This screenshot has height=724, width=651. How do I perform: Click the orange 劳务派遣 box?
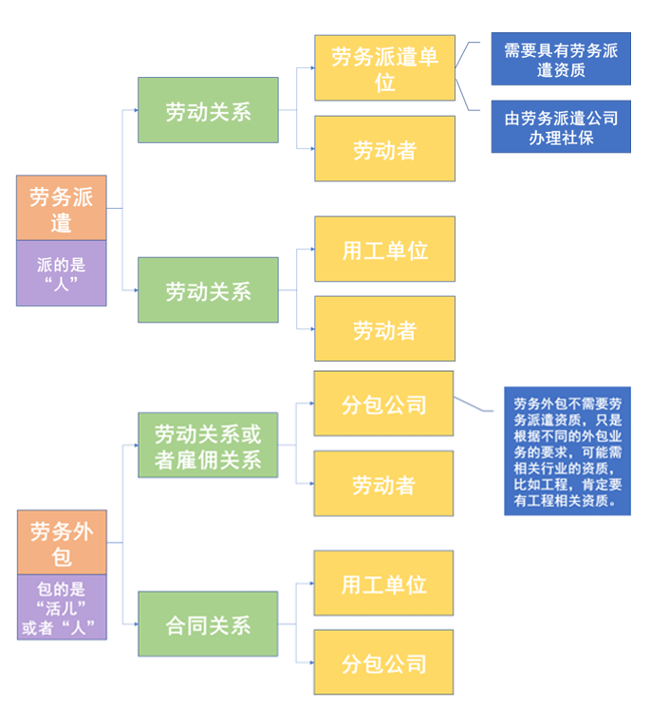(x=62, y=209)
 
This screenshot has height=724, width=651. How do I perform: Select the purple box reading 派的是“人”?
(x=62, y=273)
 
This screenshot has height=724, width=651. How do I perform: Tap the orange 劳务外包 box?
(x=62, y=542)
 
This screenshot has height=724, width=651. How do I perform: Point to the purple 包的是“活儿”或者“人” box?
(x=62, y=607)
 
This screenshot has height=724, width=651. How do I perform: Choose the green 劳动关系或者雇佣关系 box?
(x=208, y=446)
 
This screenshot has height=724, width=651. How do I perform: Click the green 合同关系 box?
(x=208, y=624)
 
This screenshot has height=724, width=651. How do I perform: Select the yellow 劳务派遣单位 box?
(x=384, y=68)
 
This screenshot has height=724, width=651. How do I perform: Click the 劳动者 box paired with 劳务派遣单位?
(x=384, y=149)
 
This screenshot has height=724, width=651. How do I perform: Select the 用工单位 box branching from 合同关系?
(x=384, y=584)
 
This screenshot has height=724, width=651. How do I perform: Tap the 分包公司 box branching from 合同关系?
(x=384, y=662)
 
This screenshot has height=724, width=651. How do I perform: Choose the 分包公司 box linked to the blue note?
(x=384, y=404)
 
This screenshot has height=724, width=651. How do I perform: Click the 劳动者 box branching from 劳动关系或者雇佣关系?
(x=384, y=484)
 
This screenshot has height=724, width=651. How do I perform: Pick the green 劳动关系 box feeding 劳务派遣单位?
(x=208, y=110)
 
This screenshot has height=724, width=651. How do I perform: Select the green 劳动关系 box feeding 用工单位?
(x=208, y=290)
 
